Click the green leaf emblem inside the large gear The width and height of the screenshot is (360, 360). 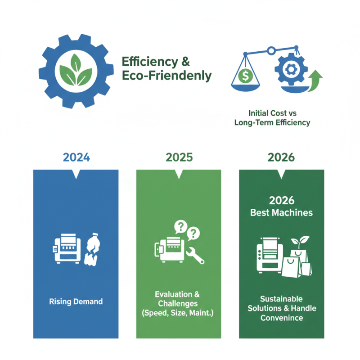click(76, 70)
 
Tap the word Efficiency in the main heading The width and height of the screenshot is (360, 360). click(150, 62)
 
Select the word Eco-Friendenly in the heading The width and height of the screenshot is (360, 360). click(166, 76)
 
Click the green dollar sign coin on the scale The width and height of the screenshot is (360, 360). click(245, 76)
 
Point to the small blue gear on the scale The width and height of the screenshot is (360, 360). click(291, 69)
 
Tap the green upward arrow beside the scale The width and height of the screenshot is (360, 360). click(315, 81)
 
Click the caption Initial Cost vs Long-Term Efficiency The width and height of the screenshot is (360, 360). click(272, 118)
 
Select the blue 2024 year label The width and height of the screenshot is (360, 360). click(76, 157)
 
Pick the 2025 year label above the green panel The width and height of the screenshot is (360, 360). click(179, 157)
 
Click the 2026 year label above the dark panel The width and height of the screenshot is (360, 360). click(281, 157)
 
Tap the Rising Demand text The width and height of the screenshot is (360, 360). click(76, 301)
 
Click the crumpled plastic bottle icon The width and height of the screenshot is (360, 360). click(93, 249)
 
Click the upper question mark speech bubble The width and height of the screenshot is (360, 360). click(181, 227)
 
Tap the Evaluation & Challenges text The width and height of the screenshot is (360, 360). click(177, 299)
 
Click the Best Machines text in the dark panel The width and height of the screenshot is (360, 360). click(282, 212)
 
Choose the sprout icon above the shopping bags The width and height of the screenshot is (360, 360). click(300, 242)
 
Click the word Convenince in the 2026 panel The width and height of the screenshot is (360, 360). click(282, 318)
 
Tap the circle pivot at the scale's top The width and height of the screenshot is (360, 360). click(271, 50)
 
